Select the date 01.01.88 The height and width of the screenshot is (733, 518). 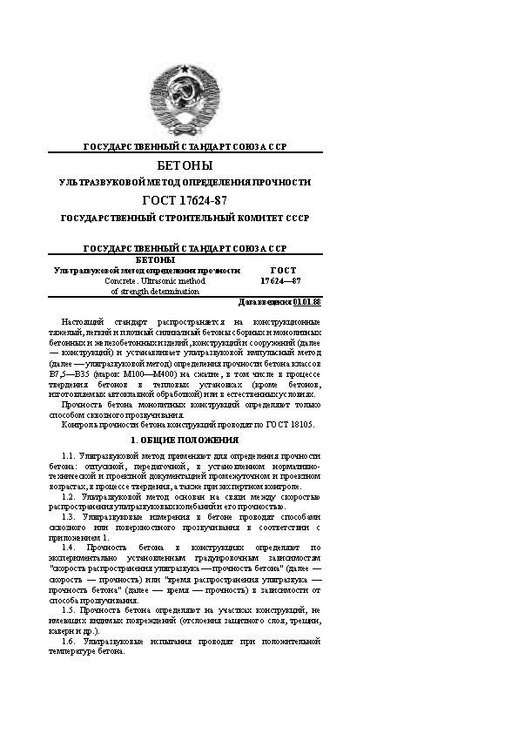pos(307,302)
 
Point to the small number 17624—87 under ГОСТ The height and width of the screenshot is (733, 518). pos(280,281)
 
